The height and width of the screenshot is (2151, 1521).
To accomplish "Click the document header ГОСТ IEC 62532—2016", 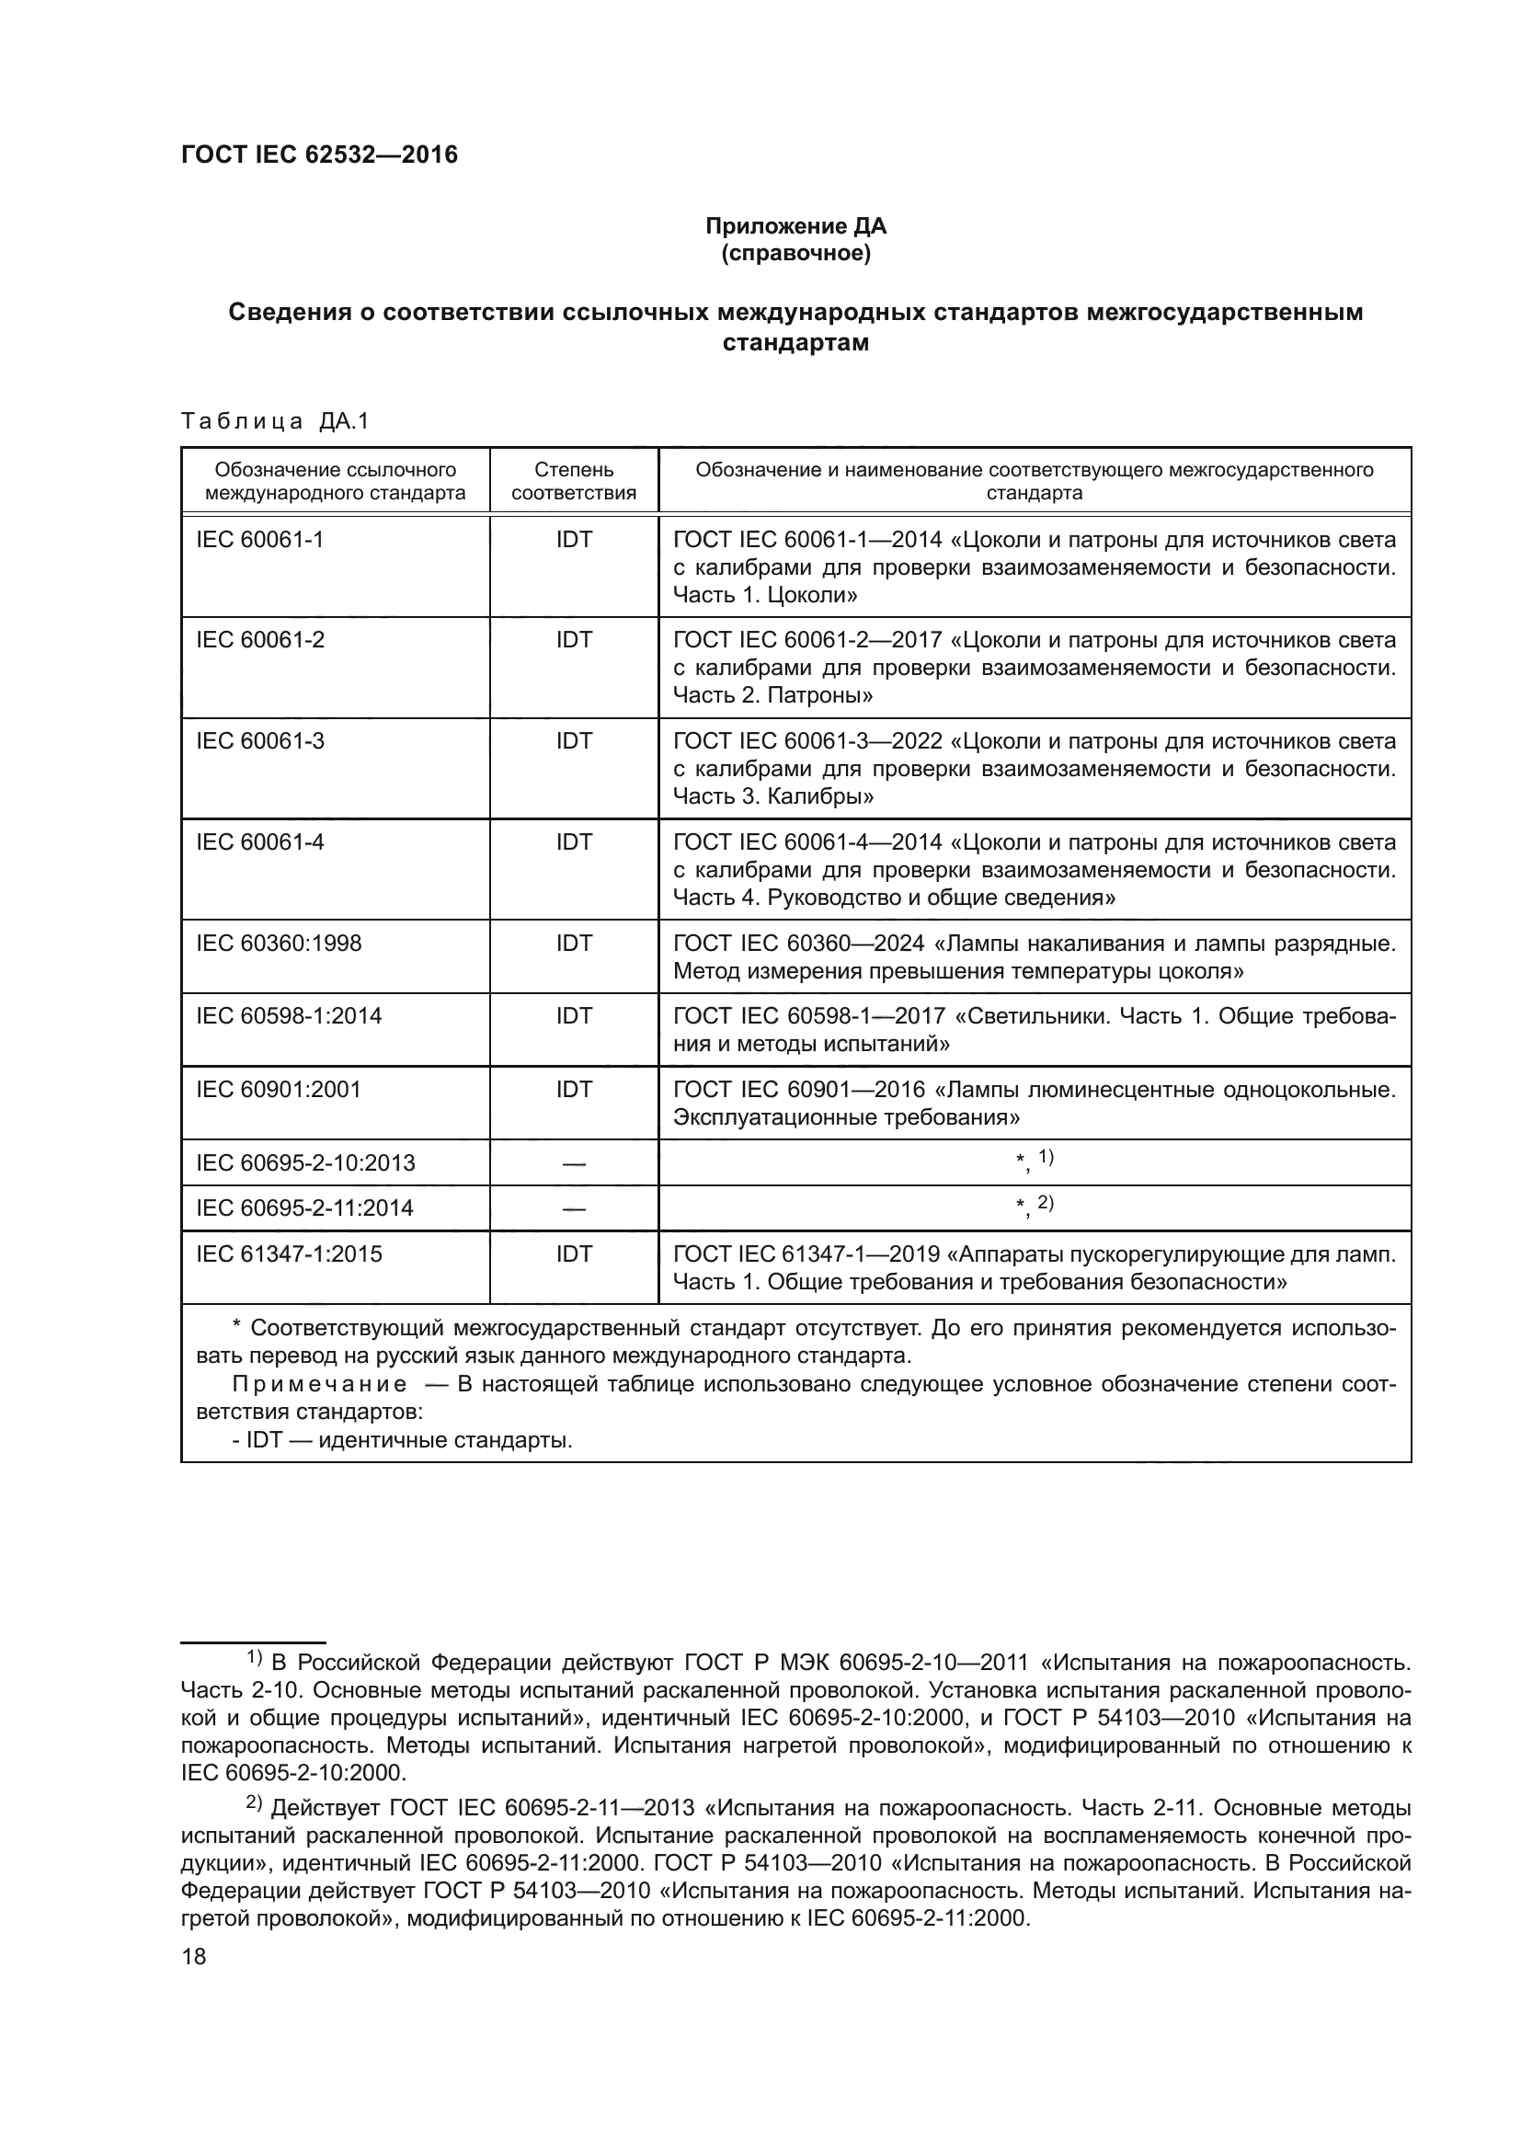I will coord(319,154).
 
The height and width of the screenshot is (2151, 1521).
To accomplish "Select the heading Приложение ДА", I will coord(795,226).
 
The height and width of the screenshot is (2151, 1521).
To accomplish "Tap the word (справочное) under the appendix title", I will coord(795,253).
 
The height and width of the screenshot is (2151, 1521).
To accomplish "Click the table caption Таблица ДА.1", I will coord(275,421).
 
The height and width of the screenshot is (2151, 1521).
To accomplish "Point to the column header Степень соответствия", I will coord(573,481).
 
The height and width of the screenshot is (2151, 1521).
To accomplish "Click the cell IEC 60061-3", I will coord(260,741).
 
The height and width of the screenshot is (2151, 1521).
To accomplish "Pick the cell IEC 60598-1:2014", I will coord(289,1015).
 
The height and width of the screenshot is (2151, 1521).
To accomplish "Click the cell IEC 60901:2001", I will coord(278,1089).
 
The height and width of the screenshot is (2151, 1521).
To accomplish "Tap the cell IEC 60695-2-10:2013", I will coord(305,1162).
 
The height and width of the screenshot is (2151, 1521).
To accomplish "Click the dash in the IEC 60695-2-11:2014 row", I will coord(573,1208).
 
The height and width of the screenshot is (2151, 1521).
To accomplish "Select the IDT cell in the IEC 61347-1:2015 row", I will coord(573,1253).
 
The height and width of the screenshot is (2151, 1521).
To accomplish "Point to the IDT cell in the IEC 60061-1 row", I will coord(573,540).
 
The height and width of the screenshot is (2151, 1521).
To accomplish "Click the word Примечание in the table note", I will coord(319,1385).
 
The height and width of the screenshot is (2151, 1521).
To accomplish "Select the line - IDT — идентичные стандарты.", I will coord(403,1440).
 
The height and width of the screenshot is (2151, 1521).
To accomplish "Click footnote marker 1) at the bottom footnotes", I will coord(255,1657).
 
